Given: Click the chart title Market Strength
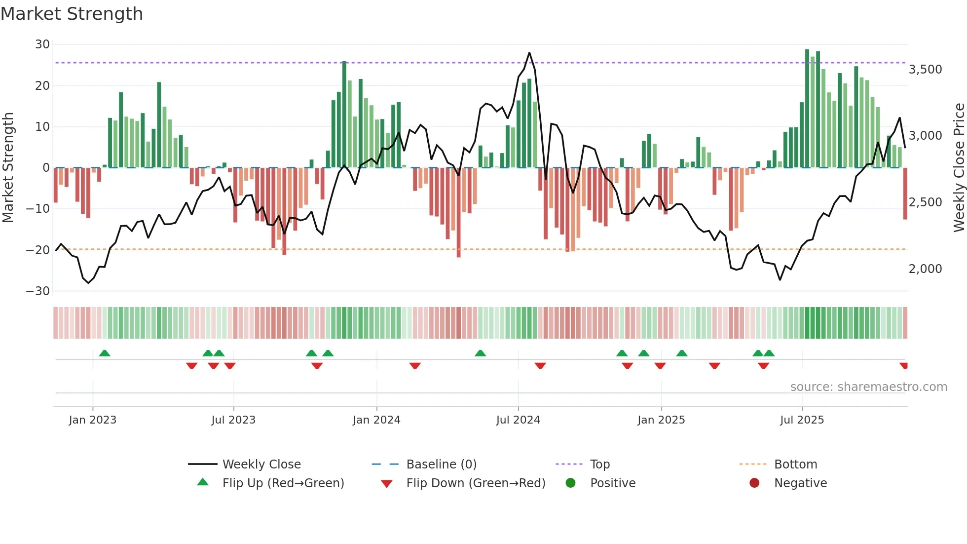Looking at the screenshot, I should coord(72,14).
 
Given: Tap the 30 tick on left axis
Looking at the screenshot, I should coord(42,44).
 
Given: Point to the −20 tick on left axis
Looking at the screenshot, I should coord(38,250).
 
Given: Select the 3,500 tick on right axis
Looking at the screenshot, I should coord(925,70).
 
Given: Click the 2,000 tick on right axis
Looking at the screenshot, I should coord(925,269).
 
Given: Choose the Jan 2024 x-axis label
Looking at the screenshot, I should coord(376,420).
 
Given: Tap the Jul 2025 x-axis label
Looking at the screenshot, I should coord(802,420).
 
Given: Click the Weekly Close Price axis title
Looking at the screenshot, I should coord(959,167).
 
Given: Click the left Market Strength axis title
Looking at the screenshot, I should coord(8,167).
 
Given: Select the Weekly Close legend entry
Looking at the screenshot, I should coord(261,465).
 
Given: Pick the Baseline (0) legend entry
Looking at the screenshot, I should coord(441,465).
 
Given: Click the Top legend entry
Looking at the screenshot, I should coord(599,465).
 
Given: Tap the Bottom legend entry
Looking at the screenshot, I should coord(795,465).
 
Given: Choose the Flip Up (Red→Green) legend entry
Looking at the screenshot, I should coord(283,483).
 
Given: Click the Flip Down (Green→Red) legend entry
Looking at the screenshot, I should coord(476,483).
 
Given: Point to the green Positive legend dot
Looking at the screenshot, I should coord(571,483).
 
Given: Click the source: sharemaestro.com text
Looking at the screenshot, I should coord(868,387).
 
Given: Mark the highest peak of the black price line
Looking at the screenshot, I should coord(529,53).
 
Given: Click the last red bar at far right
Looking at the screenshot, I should coord(905,194).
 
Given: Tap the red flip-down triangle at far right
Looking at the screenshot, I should coord(903,366).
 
